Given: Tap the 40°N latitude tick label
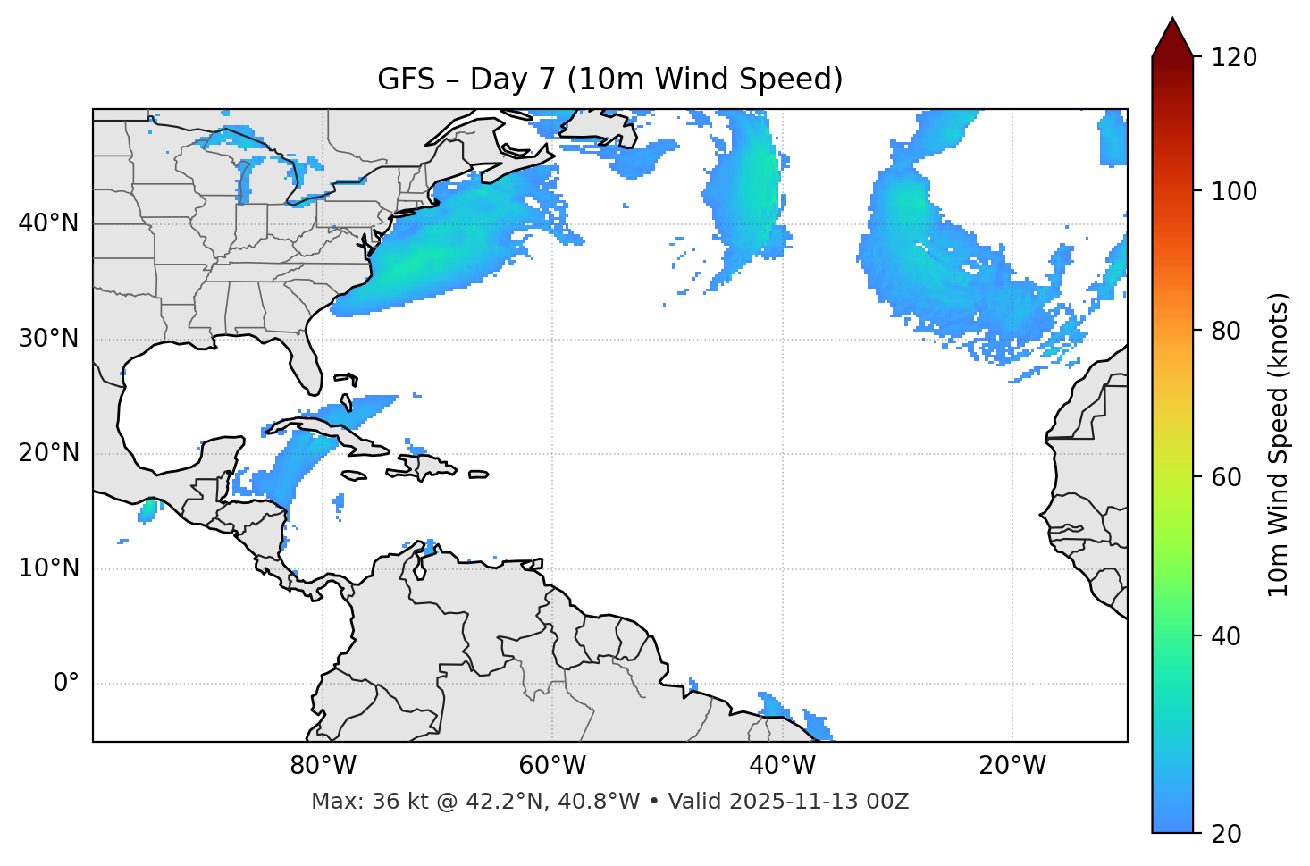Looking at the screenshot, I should click(x=48, y=223).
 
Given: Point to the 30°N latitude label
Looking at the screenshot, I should click(x=48, y=339).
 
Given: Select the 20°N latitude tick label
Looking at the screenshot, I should click(x=48, y=453).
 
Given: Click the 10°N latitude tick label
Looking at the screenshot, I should click(x=48, y=568).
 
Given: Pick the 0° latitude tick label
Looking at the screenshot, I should click(x=66, y=684).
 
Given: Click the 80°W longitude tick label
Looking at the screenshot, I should click(x=323, y=766).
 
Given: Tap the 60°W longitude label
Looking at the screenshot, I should click(x=552, y=766).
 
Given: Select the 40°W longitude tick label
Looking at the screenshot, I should click(x=782, y=766).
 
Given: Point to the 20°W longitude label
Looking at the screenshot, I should click(x=1012, y=766).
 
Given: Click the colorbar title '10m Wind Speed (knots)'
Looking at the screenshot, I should click(x=1279, y=444).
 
